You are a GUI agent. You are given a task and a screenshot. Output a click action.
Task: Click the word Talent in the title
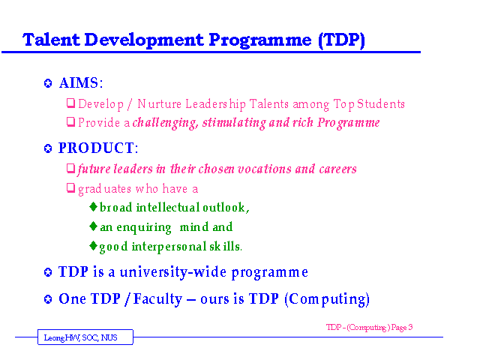(x=51, y=40)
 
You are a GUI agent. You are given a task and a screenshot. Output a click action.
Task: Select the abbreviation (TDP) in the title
(x=342, y=40)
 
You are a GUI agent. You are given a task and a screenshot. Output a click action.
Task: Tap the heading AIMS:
(x=81, y=83)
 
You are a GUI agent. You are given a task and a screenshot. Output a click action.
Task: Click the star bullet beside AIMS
(x=48, y=83)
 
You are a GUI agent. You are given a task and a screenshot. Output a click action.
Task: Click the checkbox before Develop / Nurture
(x=71, y=103)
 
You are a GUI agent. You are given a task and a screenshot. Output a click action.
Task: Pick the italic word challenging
(x=165, y=123)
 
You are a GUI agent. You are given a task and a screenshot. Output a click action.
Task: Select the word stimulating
(x=234, y=123)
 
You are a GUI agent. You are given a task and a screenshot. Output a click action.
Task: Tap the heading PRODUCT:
(x=98, y=148)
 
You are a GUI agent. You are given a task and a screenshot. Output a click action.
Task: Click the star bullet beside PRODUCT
(x=48, y=148)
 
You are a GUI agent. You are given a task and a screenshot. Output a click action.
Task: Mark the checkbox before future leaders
(x=71, y=168)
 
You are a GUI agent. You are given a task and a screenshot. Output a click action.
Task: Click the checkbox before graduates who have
(x=71, y=187)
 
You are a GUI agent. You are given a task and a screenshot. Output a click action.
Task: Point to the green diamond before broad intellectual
(x=93, y=207)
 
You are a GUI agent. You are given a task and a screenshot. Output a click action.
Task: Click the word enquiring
(x=144, y=228)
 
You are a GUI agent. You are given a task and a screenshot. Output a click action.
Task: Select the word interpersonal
(x=169, y=247)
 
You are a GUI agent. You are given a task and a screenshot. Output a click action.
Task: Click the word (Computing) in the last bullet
(x=327, y=299)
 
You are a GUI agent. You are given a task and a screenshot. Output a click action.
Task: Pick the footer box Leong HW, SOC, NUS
(x=85, y=337)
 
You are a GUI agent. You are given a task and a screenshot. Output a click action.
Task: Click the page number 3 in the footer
(x=410, y=327)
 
